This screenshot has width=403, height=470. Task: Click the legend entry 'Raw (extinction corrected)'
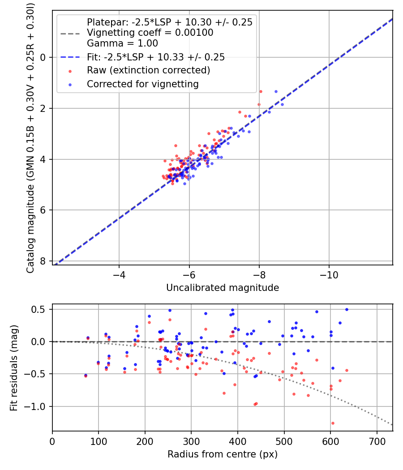point(148,70)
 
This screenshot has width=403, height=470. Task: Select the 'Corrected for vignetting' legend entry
point(143,84)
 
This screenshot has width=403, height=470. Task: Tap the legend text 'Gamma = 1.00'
point(122,43)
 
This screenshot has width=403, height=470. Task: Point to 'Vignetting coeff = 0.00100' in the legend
point(150,33)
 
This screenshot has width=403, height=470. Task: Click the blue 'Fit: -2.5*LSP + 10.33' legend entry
point(155,57)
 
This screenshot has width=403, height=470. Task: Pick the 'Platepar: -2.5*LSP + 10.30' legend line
point(169,22)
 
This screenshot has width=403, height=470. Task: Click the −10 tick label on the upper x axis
point(329,273)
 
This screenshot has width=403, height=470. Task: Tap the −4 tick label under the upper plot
point(119,273)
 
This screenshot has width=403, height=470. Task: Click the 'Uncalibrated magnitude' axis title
point(223,288)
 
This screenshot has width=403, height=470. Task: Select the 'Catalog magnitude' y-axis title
point(30,137)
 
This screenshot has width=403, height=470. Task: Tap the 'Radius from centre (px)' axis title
point(223,454)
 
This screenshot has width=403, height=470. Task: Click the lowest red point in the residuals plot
point(333,423)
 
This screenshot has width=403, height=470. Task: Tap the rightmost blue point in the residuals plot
point(347,309)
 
